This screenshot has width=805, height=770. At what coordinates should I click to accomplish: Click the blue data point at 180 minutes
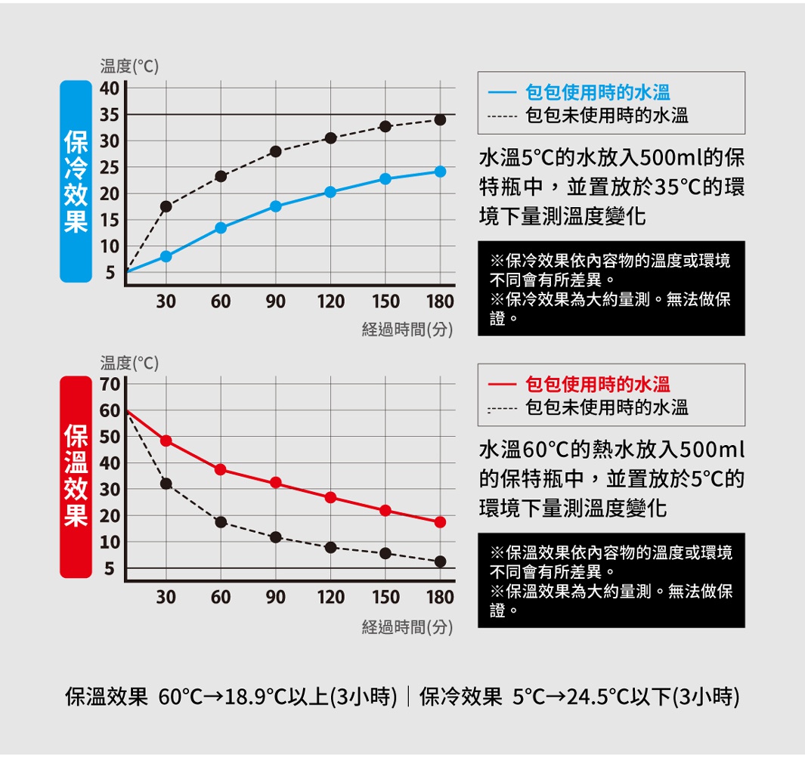(x=440, y=172)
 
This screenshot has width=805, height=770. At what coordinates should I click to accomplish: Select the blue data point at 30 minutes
(x=166, y=256)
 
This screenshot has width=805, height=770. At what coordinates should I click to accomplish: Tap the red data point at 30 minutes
(x=166, y=441)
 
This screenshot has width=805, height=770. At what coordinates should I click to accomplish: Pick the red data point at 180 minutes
(x=440, y=522)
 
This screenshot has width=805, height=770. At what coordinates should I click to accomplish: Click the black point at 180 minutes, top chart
(x=440, y=120)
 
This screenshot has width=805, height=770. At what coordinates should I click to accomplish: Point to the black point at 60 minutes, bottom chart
(x=221, y=522)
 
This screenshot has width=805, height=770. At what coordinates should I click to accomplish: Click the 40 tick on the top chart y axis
(x=109, y=88)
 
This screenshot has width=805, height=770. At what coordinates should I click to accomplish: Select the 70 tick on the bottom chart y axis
(x=109, y=385)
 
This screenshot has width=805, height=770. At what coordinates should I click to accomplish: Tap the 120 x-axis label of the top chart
(x=330, y=302)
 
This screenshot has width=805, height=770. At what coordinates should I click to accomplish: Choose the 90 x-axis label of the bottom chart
(x=275, y=597)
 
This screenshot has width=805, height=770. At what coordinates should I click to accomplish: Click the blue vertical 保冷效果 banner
(x=76, y=181)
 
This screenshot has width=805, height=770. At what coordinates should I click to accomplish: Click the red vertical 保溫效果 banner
(x=76, y=477)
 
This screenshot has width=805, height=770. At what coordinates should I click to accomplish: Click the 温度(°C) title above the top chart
(x=129, y=66)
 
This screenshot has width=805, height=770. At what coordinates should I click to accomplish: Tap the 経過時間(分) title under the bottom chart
(x=407, y=626)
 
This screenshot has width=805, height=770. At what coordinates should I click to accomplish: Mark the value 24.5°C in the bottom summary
(x=598, y=696)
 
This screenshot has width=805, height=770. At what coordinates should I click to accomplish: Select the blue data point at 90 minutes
(x=275, y=206)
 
